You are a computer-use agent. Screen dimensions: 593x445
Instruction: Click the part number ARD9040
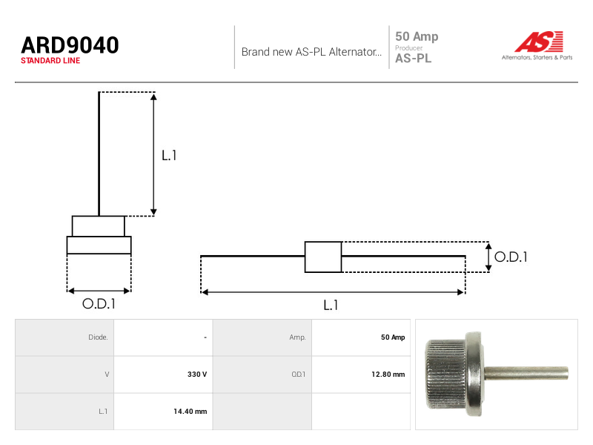pyautogui.click(x=70, y=45)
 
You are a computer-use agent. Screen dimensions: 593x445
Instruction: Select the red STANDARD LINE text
pyautogui.click(x=50, y=61)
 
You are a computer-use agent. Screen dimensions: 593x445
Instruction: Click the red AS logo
pyautogui.click(x=539, y=42)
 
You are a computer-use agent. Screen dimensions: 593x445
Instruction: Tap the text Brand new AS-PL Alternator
pyautogui.click(x=311, y=52)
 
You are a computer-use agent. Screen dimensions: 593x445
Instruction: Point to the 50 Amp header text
pyautogui.click(x=417, y=36)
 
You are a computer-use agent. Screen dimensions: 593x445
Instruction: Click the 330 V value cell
pyautogui.click(x=197, y=375)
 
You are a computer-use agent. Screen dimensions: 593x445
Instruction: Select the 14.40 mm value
pyautogui.click(x=191, y=412)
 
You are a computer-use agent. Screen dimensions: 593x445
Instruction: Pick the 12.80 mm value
pyautogui.click(x=388, y=375)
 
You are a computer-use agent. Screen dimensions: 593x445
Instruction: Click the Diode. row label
pyautogui.click(x=98, y=337)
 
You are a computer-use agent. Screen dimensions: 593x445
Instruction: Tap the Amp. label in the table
pyautogui.click(x=298, y=337)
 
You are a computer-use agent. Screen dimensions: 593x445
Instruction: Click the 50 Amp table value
pyautogui.click(x=393, y=337)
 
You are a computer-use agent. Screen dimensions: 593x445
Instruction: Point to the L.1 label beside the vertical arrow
pyautogui.click(x=169, y=155)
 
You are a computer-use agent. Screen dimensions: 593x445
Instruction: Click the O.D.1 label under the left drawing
pyautogui.click(x=99, y=303)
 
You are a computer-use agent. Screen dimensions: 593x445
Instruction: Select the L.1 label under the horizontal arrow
pyautogui.click(x=331, y=305)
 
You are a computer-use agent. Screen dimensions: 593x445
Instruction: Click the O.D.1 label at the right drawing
pyautogui.click(x=511, y=257)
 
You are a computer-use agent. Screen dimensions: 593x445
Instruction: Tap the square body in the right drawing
pyautogui.click(x=323, y=257)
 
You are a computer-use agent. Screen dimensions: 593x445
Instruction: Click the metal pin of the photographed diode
pyautogui.click(x=526, y=373)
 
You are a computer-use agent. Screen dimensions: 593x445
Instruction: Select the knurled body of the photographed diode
pyautogui.click(x=446, y=375)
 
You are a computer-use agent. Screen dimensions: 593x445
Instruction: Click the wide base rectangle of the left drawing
pyautogui.click(x=99, y=245)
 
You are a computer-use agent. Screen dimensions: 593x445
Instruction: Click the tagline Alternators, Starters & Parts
pyautogui.click(x=537, y=58)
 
